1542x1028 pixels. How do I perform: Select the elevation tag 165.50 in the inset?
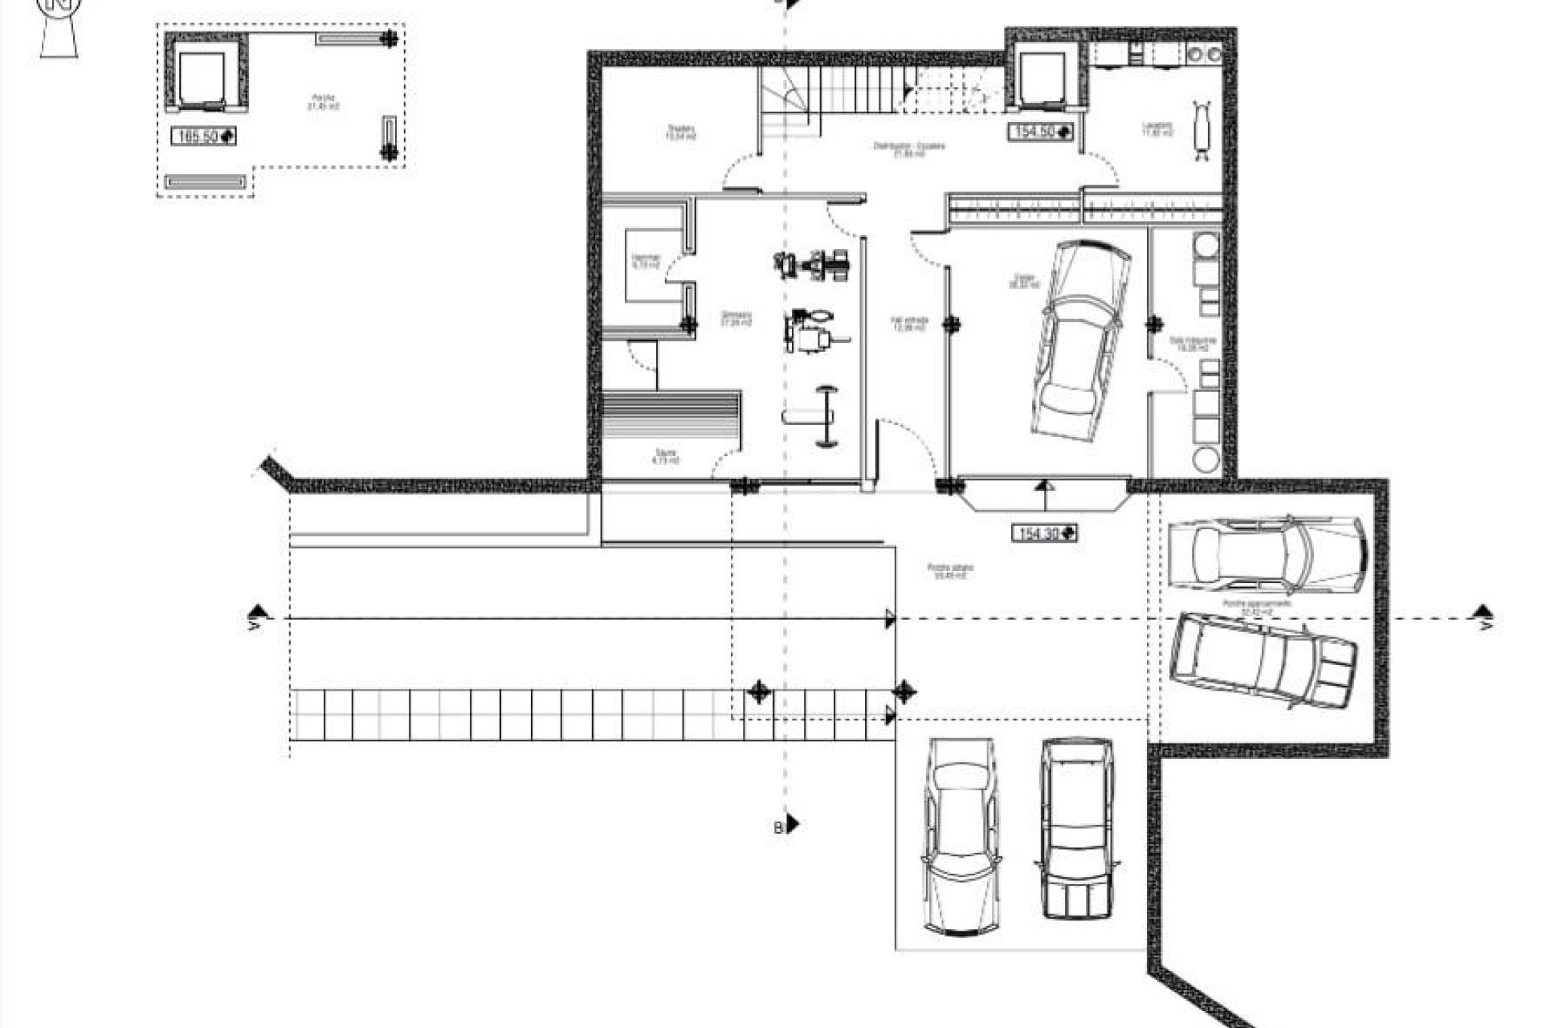point(203,137)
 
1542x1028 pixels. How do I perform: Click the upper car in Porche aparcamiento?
point(1265,553)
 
